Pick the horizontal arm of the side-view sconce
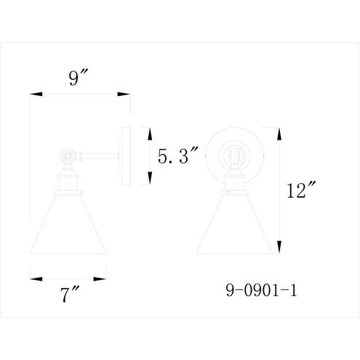tap(98, 154)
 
